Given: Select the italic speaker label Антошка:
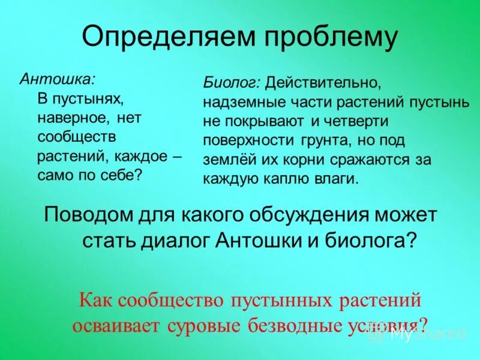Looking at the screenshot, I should click(x=58, y=79).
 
